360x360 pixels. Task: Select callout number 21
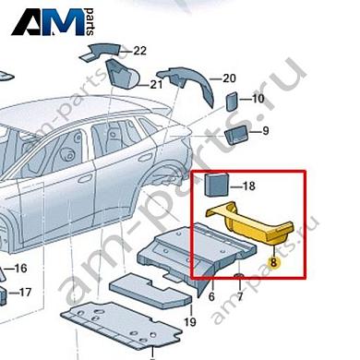pos(156,85)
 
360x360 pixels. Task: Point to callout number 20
pos(229,78)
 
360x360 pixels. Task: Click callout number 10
pos(258,99)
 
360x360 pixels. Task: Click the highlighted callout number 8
pos(272,262)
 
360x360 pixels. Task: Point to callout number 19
pos(190,321)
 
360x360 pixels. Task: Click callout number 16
pos(21,269)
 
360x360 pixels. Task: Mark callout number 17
pos(25,292)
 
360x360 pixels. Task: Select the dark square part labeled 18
pos(217,185)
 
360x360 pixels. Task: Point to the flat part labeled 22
pos(104,50)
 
